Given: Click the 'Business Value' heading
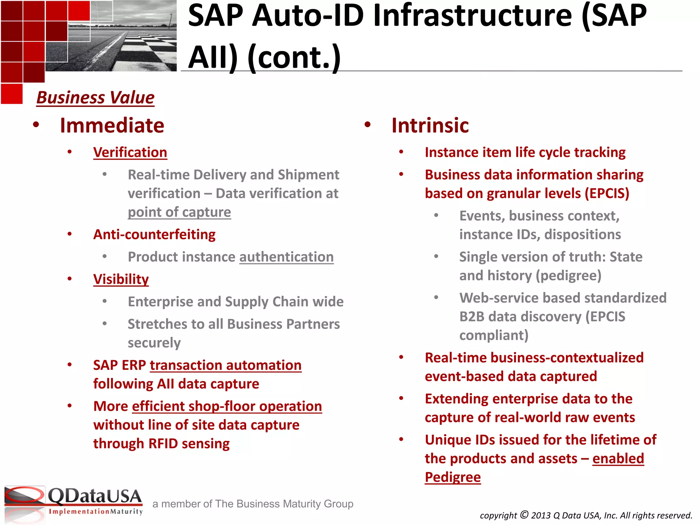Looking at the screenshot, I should tap(95, 98).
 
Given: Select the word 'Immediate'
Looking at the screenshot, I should tap(112, 125).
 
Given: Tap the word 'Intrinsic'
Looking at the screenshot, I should tap(430, 125).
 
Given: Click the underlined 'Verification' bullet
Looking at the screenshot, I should tap(130, 152).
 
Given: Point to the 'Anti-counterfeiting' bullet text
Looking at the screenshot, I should tap(154, 235).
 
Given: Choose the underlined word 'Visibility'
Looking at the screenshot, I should tap(121, 279).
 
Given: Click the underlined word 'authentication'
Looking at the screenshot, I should tap(286, 257).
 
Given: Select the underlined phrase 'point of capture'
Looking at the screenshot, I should tap(179, 212).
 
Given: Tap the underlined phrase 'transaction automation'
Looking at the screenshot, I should tap(226, 365).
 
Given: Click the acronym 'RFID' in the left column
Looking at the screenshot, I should tap(163, 444).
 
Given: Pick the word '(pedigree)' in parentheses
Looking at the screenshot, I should tap(568, 276).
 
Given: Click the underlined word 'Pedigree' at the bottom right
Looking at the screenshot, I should tap(453, 477).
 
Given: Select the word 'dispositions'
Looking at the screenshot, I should tap(582, 235).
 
